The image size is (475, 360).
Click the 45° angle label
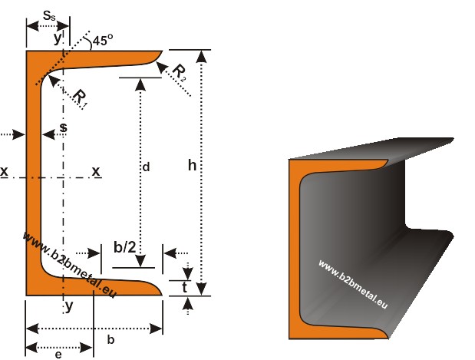click(x=101, y=41)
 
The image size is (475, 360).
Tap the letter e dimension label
click(x=58, y=354)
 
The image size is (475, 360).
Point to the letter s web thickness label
click(x=63, y=126)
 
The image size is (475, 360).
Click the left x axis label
click(x=5, y=171)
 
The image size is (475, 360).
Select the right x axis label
click(x=96, y=171)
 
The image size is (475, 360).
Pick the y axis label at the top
click(x=58, y=36)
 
